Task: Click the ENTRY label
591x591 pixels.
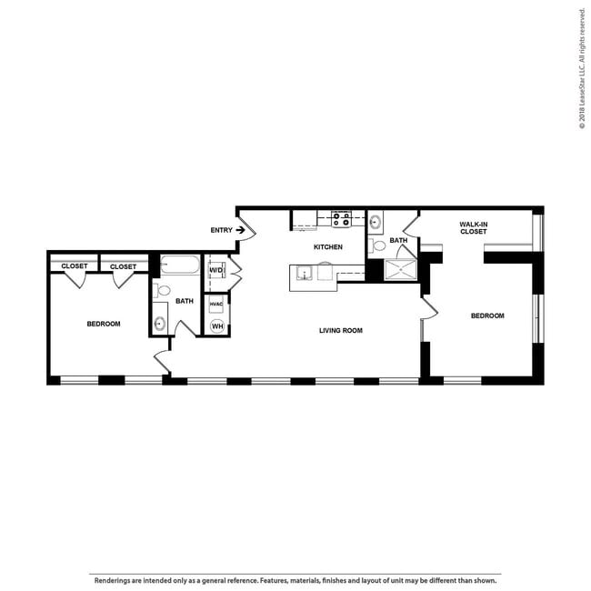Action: coord(221,230)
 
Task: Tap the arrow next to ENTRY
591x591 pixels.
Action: coord(240,230)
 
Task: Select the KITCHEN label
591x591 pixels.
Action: coord(327,247)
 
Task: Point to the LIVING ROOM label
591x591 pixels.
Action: coord(340,330)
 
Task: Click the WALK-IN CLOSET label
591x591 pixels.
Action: coord(473,227)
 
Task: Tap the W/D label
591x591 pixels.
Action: coord(216,270)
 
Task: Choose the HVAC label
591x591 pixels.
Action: coord(216,305)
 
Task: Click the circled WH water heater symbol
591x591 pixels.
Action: coord(217,325)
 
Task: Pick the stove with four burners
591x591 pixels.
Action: coord(341,219)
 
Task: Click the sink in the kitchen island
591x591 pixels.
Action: coord(303,274)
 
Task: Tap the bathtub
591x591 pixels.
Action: coord(182,265)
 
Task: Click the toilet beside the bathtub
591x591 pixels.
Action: coord(160,291)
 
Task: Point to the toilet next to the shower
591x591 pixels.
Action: coord(378,245)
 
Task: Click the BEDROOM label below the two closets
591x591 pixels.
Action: coord(104,324)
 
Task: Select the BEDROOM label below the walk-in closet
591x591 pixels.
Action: coord(487,316)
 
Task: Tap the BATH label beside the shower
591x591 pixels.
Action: coord(398,241)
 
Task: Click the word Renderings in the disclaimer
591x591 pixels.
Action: coord(110,578)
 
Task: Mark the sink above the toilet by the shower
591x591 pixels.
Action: coord(376,221)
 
